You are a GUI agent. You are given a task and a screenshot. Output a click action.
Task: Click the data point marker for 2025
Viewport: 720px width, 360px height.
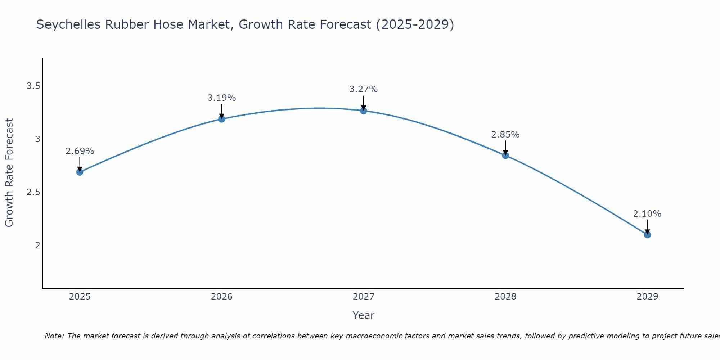point(80,172)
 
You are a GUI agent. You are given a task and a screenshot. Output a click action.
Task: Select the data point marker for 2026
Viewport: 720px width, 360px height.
point(221,119)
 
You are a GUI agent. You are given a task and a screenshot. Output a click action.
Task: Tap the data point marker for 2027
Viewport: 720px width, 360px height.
point(363,111)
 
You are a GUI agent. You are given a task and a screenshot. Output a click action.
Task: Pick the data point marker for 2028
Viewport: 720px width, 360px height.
point(505,156)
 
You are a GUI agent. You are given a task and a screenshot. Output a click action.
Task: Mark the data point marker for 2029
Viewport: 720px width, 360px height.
point(647,235)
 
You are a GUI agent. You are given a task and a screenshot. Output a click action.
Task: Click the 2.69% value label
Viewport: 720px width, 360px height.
point(80,151)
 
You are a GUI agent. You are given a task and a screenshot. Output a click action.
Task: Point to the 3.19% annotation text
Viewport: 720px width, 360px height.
point(221,98)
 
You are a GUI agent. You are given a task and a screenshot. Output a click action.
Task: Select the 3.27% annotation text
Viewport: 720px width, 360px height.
point(363,89)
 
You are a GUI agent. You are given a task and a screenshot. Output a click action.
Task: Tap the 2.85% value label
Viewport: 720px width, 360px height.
point(505,135)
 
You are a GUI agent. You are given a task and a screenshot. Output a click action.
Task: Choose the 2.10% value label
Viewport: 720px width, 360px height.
point(647,214)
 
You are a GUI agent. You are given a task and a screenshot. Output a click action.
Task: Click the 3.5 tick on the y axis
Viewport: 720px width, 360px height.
point(33,86)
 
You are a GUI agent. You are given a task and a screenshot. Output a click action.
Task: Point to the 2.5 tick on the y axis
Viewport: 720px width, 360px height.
point(33,192)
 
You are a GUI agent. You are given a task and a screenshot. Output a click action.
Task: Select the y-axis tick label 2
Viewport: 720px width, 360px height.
point(37,246)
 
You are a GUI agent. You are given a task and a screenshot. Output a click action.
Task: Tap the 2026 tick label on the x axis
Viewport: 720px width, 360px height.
point(221,297)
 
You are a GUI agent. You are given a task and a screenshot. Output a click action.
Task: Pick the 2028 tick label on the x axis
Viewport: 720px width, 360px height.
point(505,297)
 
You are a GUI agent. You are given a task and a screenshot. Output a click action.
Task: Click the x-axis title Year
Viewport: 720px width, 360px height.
point(363,315)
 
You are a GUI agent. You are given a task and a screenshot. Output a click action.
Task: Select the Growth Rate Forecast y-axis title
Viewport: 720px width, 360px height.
point(9,173)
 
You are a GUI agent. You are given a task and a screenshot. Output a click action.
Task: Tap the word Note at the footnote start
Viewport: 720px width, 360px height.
point(54,336)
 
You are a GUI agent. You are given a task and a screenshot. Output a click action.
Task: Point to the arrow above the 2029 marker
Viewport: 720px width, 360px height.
point(647,226)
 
